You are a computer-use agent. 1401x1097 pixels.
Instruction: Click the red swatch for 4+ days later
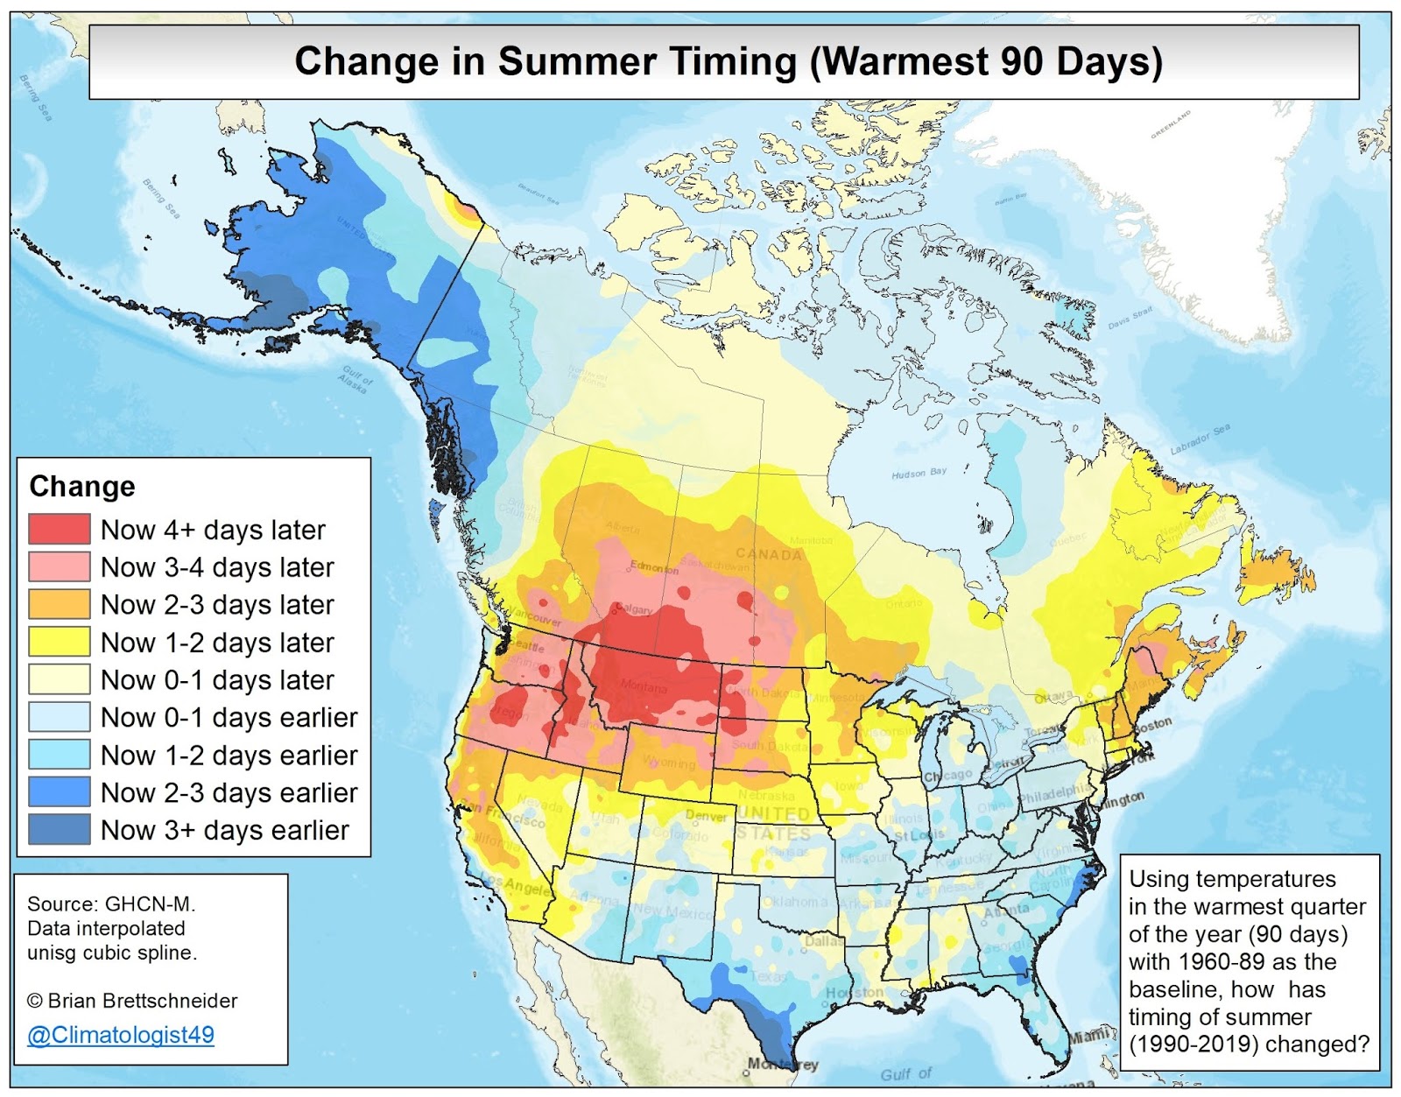coord(59,530)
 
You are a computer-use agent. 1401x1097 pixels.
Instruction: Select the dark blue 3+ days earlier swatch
coord(59,830)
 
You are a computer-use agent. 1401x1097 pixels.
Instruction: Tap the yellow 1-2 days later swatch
coord(59,642)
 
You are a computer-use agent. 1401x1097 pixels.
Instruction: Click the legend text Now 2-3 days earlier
coord(229,792)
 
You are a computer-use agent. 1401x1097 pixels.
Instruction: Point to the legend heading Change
coord(82,486)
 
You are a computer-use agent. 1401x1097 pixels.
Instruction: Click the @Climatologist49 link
coord(121,1035)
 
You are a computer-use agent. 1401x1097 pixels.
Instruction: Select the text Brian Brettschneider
coord(142,1001)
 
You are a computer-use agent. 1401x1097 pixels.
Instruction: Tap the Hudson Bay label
coord(919,474)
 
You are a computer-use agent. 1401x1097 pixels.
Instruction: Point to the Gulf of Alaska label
coord(356,379)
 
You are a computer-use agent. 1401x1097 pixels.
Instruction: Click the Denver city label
coord(706,816)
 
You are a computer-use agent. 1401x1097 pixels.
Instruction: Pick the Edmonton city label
coord(653,568)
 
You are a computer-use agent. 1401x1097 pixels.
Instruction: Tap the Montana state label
coord(644,687)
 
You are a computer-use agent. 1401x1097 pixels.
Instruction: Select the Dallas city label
coord(823,941)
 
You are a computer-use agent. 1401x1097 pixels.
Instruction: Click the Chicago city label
coord(947,776)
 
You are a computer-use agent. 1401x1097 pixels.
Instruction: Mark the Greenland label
coord(1171,125)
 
